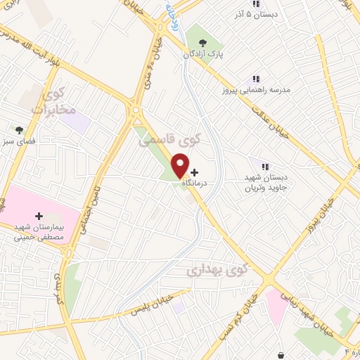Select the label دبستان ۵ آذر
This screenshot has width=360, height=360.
click(257, 13)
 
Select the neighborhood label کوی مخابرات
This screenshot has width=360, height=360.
click(48, 101)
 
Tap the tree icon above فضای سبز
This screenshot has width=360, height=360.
click(20, 130)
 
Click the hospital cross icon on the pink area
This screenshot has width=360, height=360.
click(39, 216)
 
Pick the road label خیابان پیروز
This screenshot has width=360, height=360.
click(330, 205)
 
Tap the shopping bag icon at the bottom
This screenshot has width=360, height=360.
click(281, 355)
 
